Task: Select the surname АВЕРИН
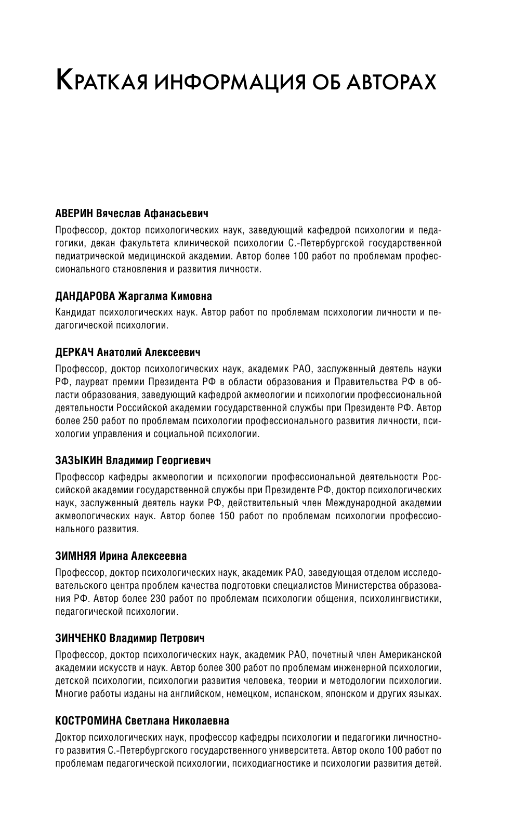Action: (x=75, y=213)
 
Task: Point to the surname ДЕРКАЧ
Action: (x=74, y=352)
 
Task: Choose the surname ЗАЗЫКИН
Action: (x=80, y=460)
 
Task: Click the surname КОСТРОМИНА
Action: (x=89, y=721)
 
